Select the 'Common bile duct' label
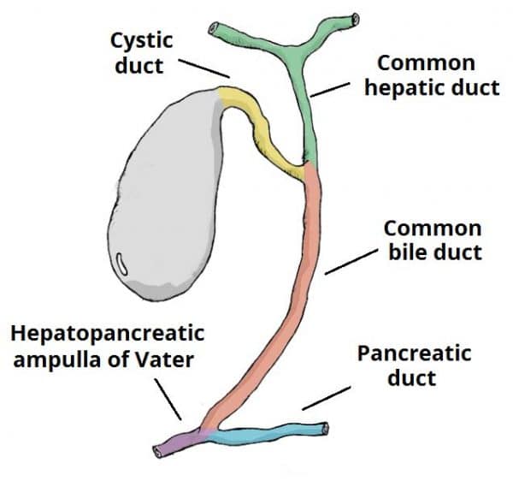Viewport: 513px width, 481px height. (x=433, y=240)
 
